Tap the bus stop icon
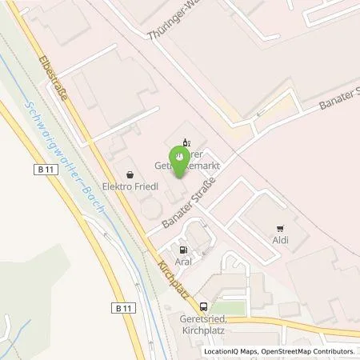(x=203, y=306)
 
